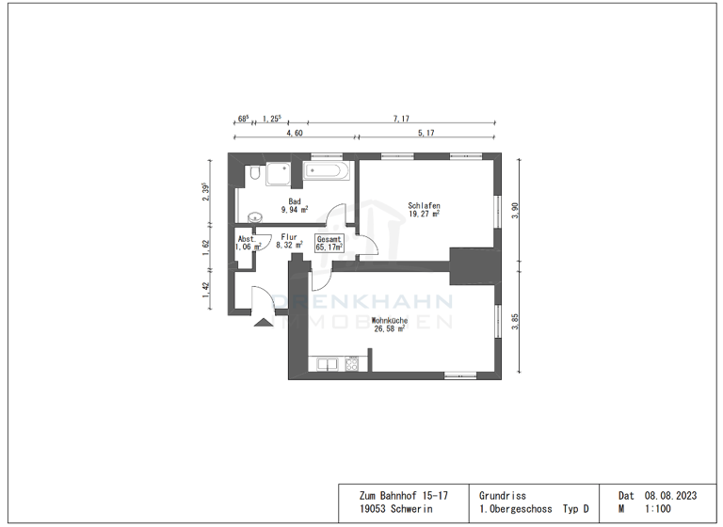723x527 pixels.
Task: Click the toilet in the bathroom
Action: coord(255,173)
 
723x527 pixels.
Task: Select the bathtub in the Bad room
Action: coord(327,171)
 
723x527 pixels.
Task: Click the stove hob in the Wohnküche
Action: coord(352,362)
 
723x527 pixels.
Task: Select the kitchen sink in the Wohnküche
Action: coord(327,362)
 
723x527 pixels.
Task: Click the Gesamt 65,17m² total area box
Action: coord(329,242)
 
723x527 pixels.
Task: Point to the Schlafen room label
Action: coord(425,205)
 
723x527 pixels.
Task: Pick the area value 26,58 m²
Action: coord(390,329)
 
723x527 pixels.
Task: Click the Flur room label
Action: coord(289,237)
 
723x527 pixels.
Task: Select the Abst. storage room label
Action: coord(247,239)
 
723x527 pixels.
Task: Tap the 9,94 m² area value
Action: coord(295,211)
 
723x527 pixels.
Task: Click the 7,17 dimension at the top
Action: coord(401,120)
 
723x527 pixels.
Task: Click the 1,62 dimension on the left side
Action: coord(206,248)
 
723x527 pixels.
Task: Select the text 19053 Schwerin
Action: coord(394,509)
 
